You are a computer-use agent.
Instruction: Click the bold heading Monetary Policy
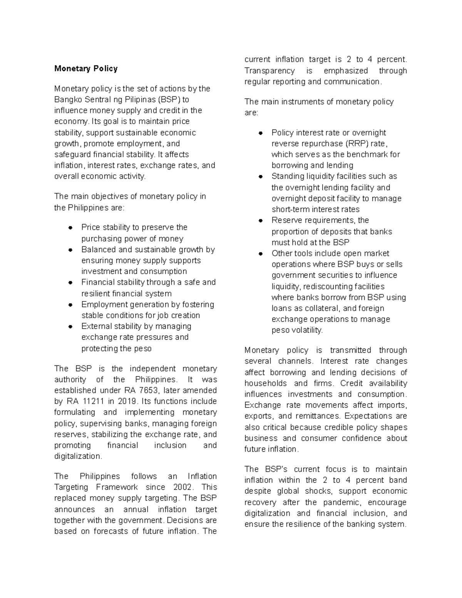pyautogui.click(x=86, y=69)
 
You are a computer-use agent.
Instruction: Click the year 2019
pyautogui.click(x=127, y=401)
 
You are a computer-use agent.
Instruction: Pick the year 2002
pyautogui.click(x=182, y=487)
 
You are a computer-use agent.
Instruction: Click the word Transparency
pyautogui.click(x=269, y=70)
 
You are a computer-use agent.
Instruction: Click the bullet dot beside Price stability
pyautogui.click(x=70, y=228)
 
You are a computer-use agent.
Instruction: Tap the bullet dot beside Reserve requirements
pyautogui.click(x=261, y=221)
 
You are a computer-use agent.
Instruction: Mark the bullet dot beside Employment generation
pyautogui.click(x=70, y=305)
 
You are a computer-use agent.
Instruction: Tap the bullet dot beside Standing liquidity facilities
pyautogui.click(x=261, y=177)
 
